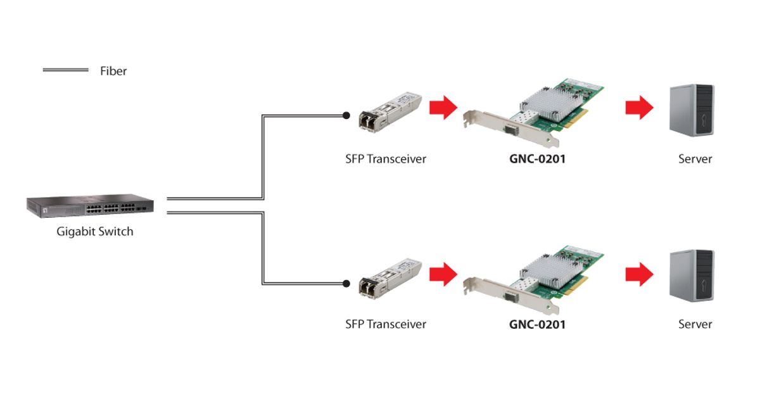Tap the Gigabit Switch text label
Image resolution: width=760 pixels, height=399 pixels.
point(95,232)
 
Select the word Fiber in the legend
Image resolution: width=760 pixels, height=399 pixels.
point(113,71)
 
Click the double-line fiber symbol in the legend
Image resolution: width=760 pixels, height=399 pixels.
point(65,70)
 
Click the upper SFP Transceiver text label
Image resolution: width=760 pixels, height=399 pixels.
point(386,159)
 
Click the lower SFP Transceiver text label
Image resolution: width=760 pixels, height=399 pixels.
point(386,324)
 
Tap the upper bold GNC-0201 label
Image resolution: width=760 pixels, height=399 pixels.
point(537,159)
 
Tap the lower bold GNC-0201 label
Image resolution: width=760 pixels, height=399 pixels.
point(537,324)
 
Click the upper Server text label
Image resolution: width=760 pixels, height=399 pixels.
point(695,159)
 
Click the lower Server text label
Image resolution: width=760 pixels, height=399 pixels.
point(695,324)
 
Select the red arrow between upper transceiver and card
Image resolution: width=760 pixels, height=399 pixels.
point(443,108)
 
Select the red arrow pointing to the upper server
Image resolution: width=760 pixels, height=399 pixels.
point(639,108)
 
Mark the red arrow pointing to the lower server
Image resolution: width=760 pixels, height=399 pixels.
point(639,274)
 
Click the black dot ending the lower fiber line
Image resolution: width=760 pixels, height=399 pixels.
point(346,283)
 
